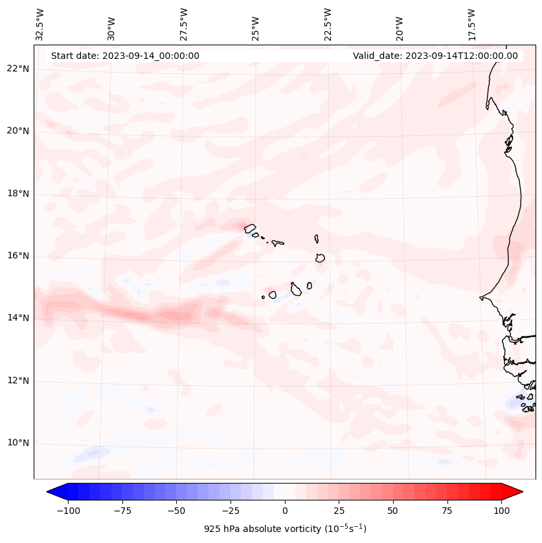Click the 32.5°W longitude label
click(x=40, y=24)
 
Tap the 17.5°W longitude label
click(x=471, y=24)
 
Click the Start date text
click(x=125, y=56)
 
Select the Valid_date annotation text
click(x=435, y=56)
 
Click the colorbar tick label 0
click(x=285, y=511)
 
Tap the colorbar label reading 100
click(x=502, y=511)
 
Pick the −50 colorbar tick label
click(x=175, y=511)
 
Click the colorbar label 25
click(x=339, y=511)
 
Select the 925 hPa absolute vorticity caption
click(x=285, y=529)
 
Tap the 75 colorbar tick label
click(x=447, y=511)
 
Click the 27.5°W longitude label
click(x=184, y=24)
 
